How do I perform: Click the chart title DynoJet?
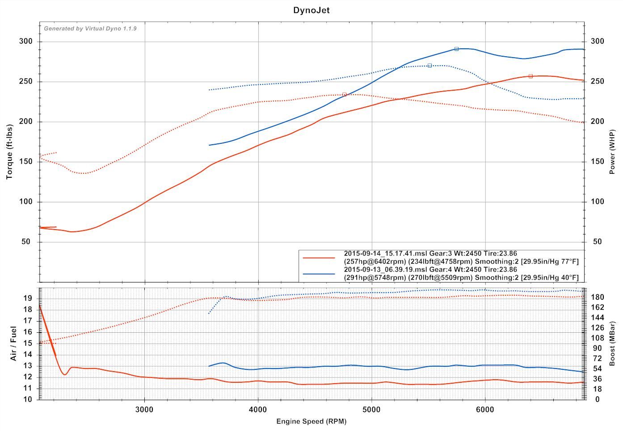point(311,10)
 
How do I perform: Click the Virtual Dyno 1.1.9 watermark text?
point(90,29)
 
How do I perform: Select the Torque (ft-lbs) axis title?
point(9,152)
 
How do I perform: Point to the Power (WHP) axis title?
point(612,152)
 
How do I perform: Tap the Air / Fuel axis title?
point(13,343)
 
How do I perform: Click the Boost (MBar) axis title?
point(612,343)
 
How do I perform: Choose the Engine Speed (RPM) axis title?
point(311,421)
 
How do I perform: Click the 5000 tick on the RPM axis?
point(372,410)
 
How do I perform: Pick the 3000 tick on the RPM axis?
point(144,410)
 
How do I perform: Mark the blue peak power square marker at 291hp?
point(456,49)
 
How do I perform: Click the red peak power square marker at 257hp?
point(530,76)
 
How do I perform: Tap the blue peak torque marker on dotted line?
point(429,66)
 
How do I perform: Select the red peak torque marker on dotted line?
point(344,95)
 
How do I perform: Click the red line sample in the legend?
point(319,258)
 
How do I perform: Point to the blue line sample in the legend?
point(319,274)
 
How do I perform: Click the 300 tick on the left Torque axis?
point(26,42)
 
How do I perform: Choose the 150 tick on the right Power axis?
point(598,162)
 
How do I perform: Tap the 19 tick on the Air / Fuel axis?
point(28,298)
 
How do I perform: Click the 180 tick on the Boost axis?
point(598,297)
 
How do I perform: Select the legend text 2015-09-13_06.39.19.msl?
point(385,270)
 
